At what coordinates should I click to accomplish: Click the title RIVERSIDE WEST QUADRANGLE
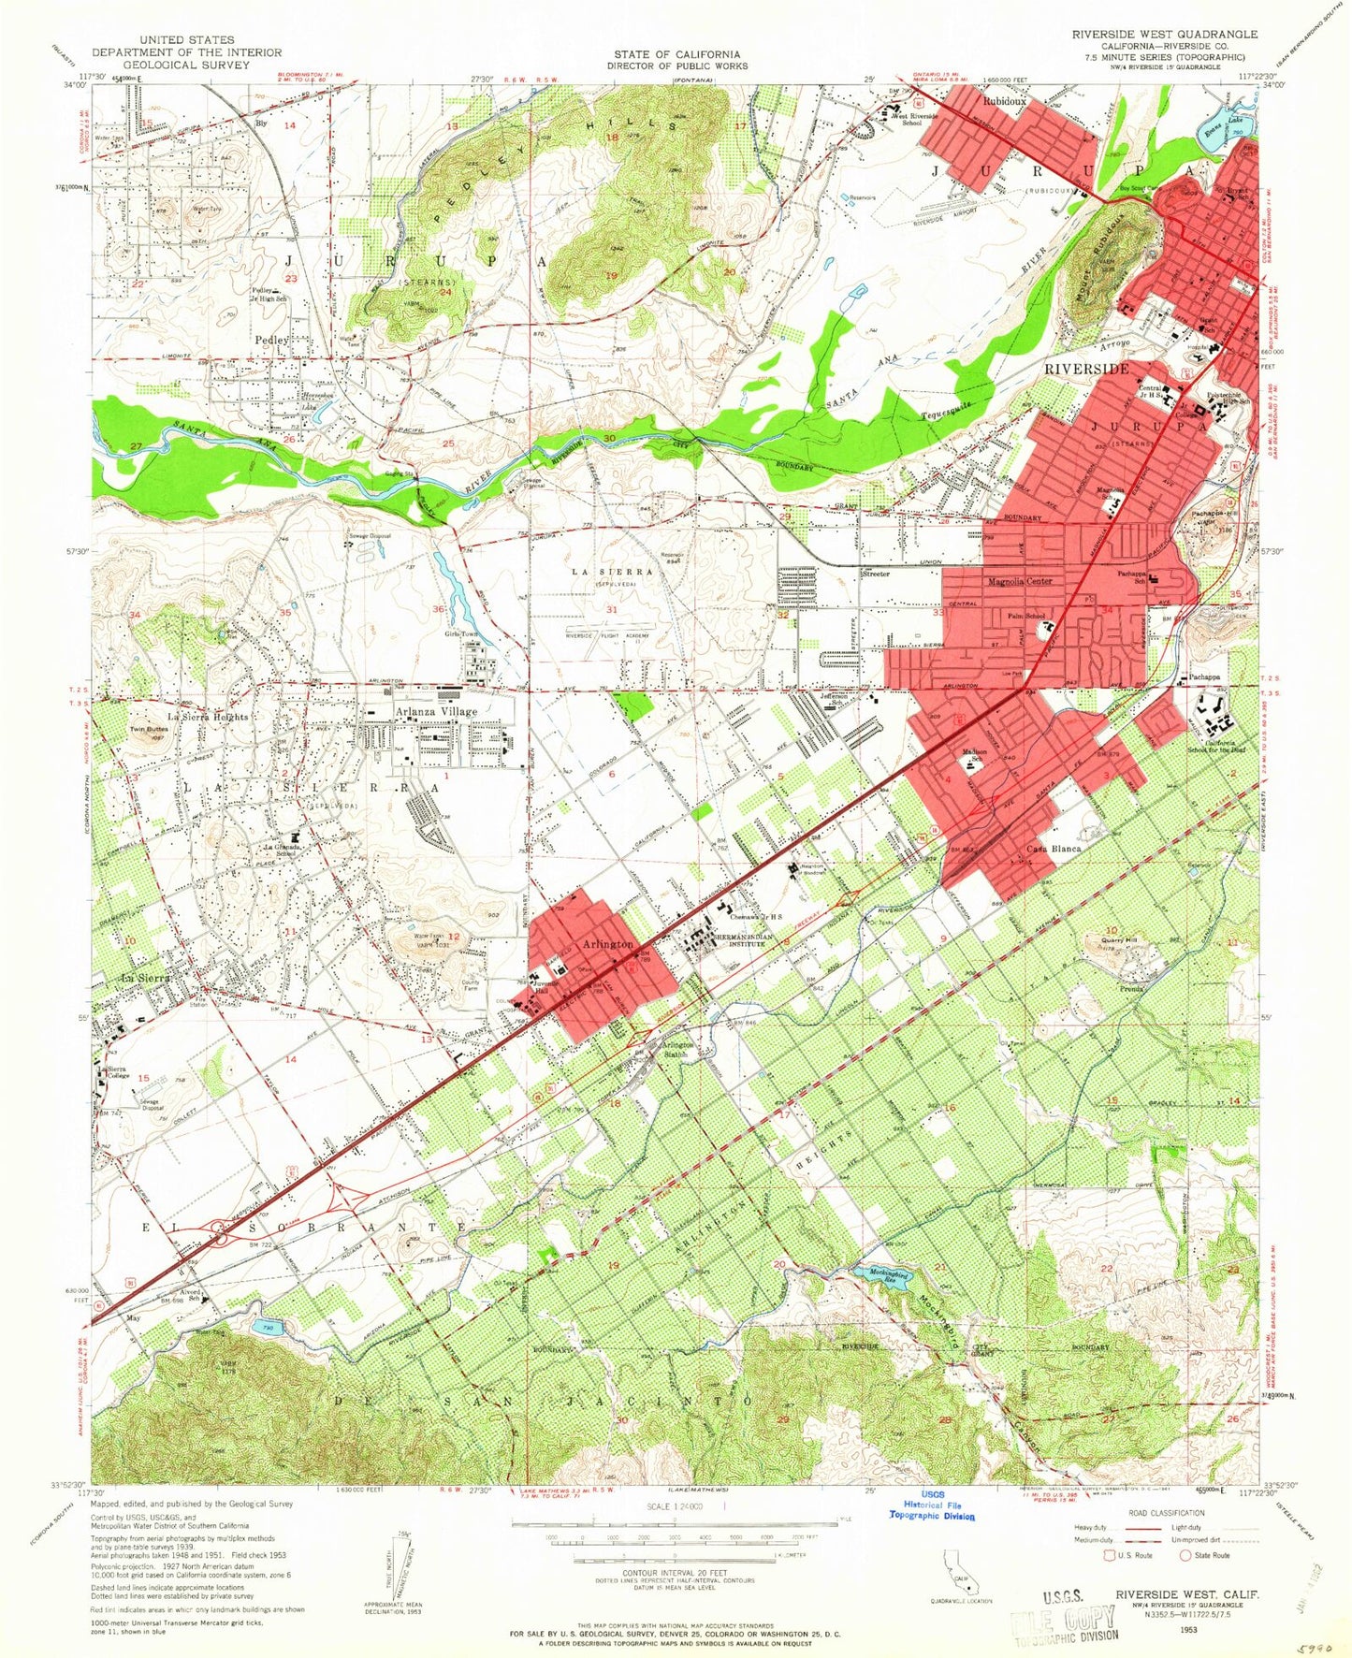click(x=1165, y=33)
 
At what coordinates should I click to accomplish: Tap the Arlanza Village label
click(x=436, y=712)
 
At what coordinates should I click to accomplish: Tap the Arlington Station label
click(x=677, y=1050)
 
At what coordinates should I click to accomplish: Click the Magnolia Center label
click(x=1020, y=581)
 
